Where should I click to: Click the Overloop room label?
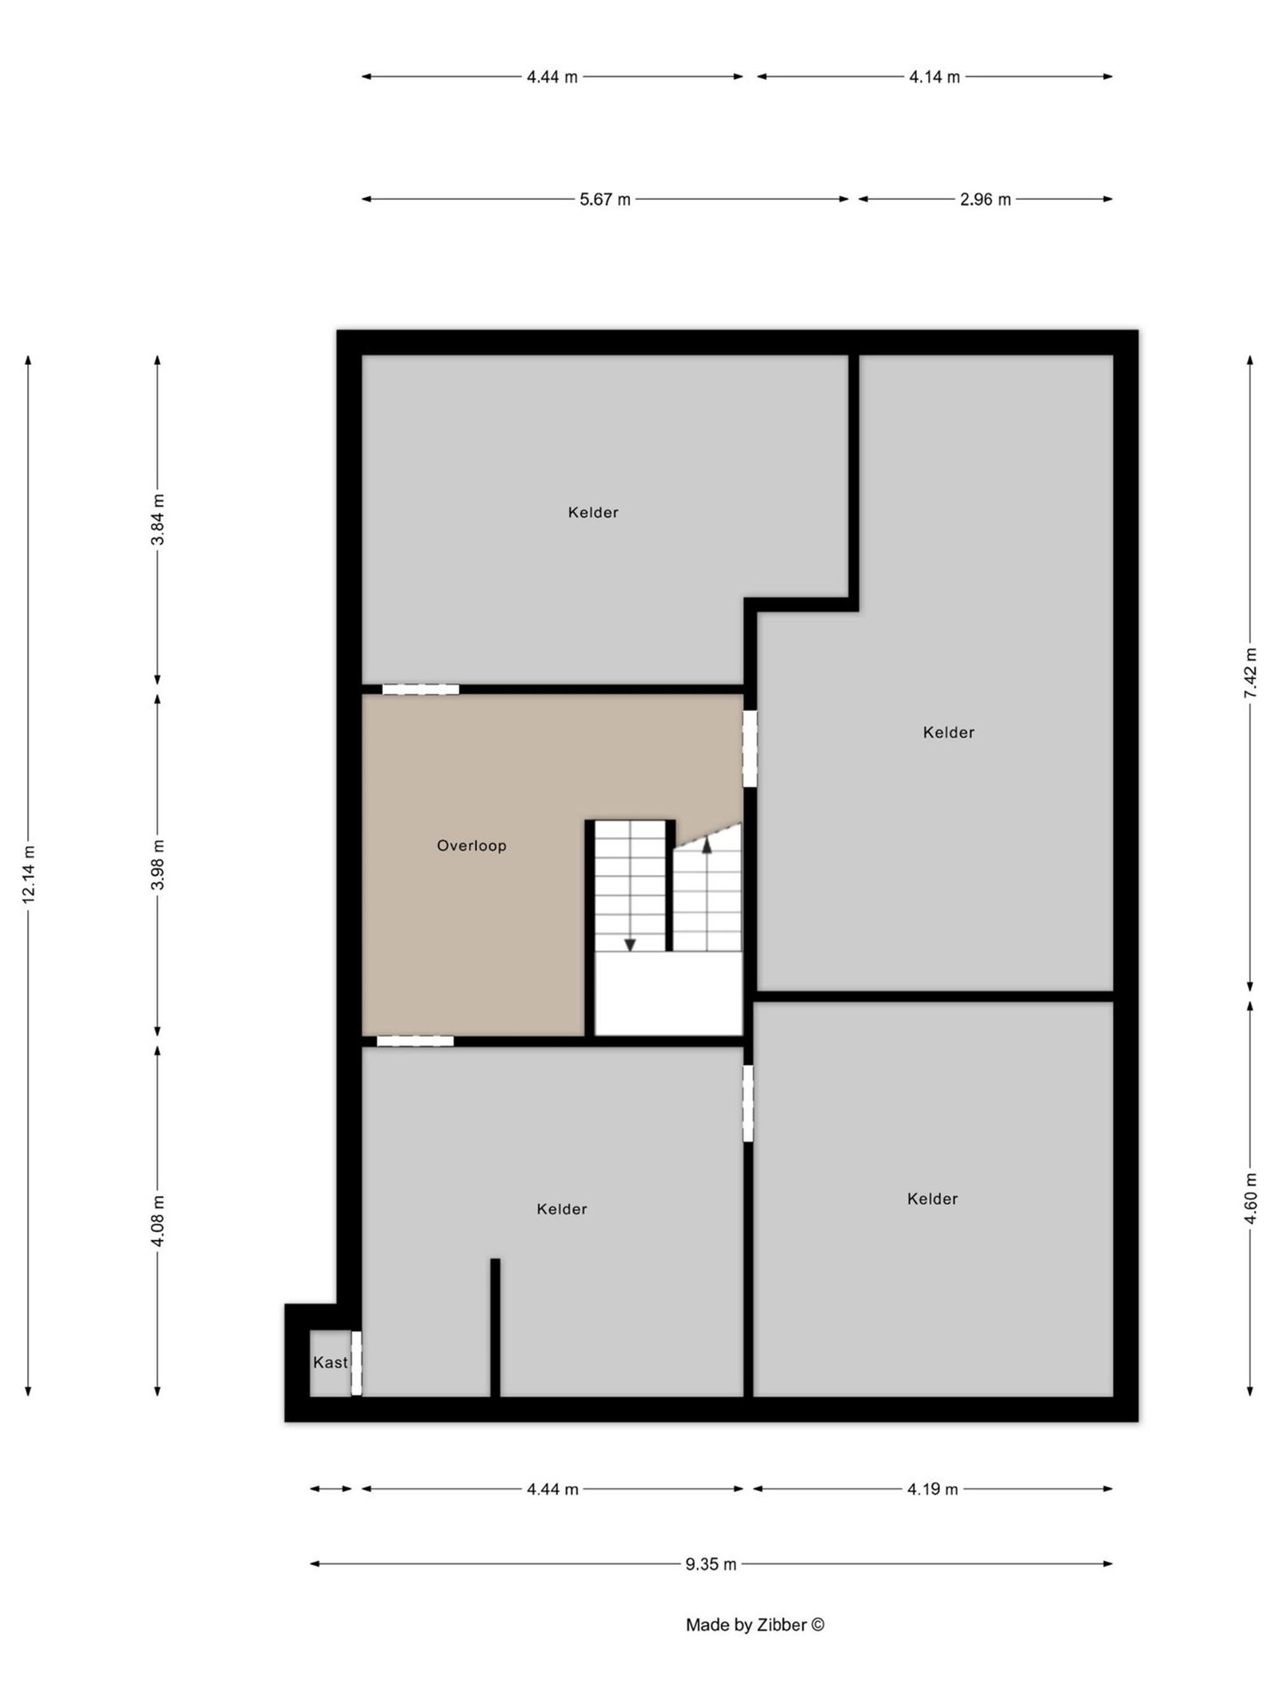click(x=471, y=845)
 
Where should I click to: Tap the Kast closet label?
click(x=330, y=1362)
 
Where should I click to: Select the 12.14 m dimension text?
click(x=29, y=874)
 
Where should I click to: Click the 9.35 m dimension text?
click(x=711, y=1564)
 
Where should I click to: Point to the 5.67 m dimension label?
click(x=604, y=199)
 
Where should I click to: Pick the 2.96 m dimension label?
click(x=985, y=199)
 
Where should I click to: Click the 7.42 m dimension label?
click(x=1250, y=673)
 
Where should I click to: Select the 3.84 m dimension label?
click(x=158, y=519)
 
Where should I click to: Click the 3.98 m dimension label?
click(x=158, y=864)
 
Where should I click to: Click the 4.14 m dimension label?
click(x=934, y=77)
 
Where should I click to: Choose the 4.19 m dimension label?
click(x=932, y=1489)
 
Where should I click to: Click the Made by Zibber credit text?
click(x=755, y=1624)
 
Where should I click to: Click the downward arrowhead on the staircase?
click(x=630, y=944)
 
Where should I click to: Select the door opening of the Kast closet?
click(x=357, y=1363)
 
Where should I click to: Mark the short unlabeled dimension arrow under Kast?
click(x=331, y=1489)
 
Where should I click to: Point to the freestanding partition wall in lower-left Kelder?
click(x=495, y=1327)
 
